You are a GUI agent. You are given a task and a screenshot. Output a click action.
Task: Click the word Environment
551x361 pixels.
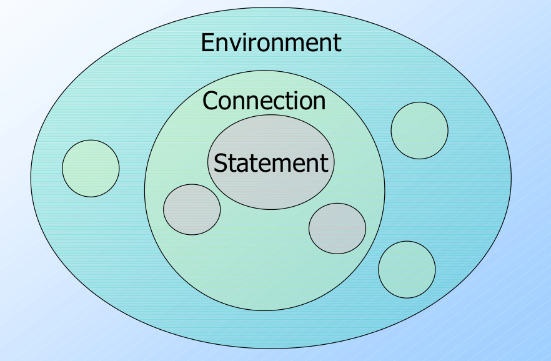click(x=271, y=43)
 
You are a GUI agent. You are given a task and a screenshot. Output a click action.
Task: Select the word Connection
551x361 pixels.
click(x=264, y=101)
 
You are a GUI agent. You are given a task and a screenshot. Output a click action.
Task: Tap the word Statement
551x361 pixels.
click(x=271, y=163)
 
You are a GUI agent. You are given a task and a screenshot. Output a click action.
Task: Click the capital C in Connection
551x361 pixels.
click(x=211, y=101)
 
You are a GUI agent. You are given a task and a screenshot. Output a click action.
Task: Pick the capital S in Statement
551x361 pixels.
click(x=220, y=163)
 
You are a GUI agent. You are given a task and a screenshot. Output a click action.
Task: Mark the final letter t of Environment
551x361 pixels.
click(x=337, y=43)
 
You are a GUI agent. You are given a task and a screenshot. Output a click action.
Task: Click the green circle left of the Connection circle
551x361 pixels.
click(x=91, y=168)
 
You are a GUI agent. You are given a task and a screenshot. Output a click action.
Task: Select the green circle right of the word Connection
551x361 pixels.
click(x=419, y=131)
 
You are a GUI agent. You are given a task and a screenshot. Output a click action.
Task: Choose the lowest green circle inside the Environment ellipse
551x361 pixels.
click(x=407, y=269)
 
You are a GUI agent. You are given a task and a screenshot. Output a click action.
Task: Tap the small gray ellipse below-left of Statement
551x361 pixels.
click(x=192, y=209)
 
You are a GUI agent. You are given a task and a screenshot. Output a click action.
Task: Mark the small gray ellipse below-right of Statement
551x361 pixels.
click(x=337, y=228)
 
